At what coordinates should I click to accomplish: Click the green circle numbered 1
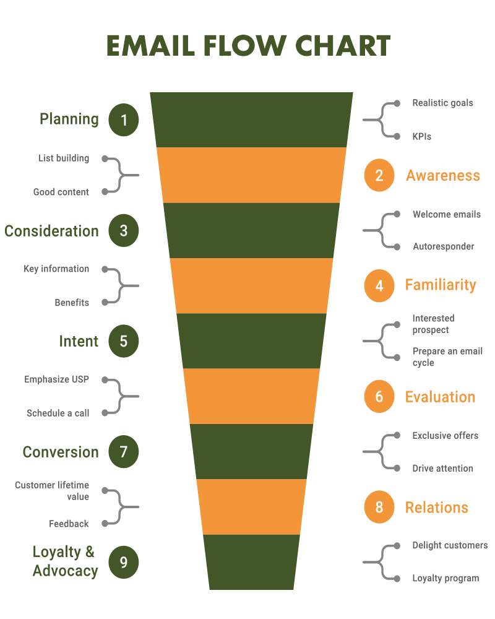coord(124,120)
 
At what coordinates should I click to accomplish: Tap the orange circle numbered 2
coord(379,176)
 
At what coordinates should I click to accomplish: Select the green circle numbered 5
coord(124,341)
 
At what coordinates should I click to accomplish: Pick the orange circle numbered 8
coord(379,507)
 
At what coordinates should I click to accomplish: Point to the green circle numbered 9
coord(124,562)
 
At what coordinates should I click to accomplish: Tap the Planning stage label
coord(69,119)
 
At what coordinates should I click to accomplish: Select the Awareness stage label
coord(443,176)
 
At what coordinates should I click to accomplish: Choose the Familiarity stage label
coord(441,285)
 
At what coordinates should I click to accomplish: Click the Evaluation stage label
coord(440,397)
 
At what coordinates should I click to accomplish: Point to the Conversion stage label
coord(61,452)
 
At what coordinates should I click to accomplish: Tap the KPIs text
coord(422,136)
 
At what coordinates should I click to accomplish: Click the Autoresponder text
coord(444,246)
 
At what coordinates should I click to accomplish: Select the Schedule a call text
coord(58,413)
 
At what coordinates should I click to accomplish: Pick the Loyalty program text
coord(445,578)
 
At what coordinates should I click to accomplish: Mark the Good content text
coord(61,192)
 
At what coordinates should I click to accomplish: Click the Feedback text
coord(69,524)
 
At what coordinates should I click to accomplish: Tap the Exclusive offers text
coord(445,435)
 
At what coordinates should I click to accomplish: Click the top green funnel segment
coord(251,119)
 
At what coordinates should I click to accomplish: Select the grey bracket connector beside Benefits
coord(121,286)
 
